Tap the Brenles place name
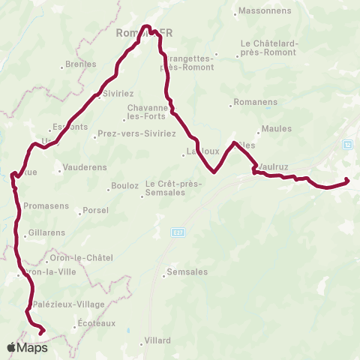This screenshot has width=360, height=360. point(82,64)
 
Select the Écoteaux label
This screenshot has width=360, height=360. point(97,324)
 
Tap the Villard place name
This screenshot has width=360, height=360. point(157,340)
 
